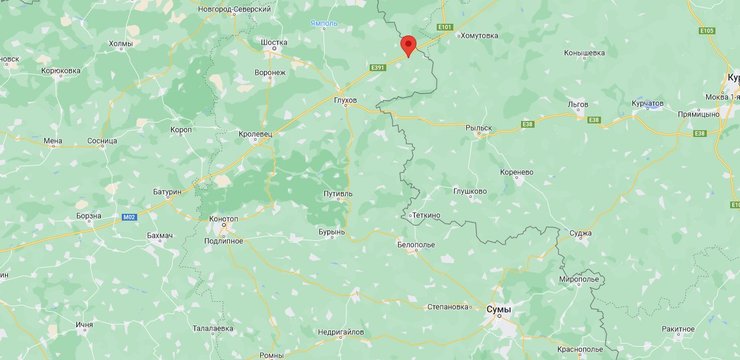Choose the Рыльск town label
click(x=480, y=128)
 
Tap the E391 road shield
click(x=378, y=68)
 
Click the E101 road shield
click(x=445, y=27)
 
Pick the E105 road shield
click(x=707, y=31)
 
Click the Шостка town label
click(x=273, y=43)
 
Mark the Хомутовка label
click(x=478, y=35)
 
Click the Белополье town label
click(x=415, y=244)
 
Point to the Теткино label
click(x=427, y=215)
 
